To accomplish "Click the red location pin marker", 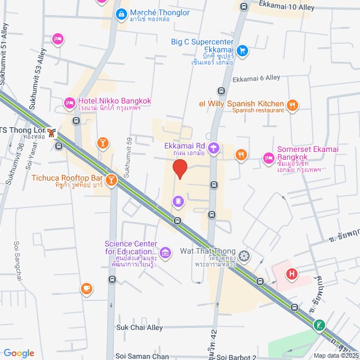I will tap(179, 168).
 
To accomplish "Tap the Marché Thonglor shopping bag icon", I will tap(120, 13).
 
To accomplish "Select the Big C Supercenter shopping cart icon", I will tap(242, 51).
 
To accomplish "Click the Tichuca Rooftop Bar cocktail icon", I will tap(111, 180).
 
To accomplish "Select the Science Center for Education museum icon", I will tap(165, 251).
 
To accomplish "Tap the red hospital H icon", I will tap(292, 274).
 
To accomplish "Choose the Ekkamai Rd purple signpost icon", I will tap(214, 148).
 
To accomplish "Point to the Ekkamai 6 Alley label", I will tap(256, 78).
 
